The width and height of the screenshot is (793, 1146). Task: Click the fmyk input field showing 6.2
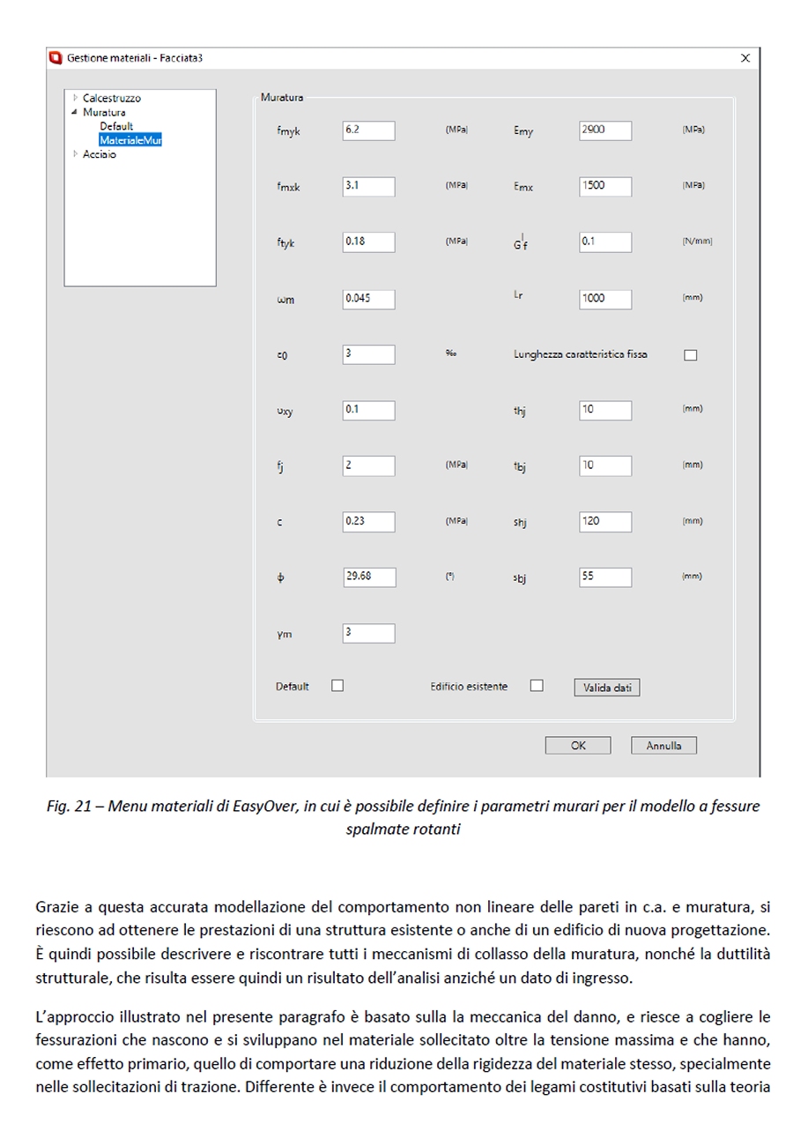[x=368, y=130]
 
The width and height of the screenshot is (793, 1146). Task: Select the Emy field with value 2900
[x=605, y=130]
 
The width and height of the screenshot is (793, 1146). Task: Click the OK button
[x=578, y=746]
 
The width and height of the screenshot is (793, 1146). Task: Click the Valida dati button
[x=606, y=688]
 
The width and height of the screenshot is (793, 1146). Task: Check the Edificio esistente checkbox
[x=537, y=686]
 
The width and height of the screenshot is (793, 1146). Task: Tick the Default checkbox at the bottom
[x=337, y=686]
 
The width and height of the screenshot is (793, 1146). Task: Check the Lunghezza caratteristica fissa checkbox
[x=690, y=355]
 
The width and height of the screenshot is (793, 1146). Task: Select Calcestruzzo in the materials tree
[x=111, y=99]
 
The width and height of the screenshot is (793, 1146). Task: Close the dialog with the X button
[x=745, y=58]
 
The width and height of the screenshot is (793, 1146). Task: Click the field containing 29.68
[x=368, y=577]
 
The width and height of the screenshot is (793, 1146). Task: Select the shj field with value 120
[x=605, y=522]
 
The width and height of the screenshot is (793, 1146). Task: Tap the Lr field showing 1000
[x=605, y=299]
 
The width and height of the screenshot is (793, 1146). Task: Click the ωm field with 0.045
[x=368, y=299]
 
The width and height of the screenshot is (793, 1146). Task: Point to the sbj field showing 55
[x=605, y=577]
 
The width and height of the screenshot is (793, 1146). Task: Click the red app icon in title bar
[x=55, y=58]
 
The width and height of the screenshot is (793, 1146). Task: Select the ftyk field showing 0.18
[x=368, y=242]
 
